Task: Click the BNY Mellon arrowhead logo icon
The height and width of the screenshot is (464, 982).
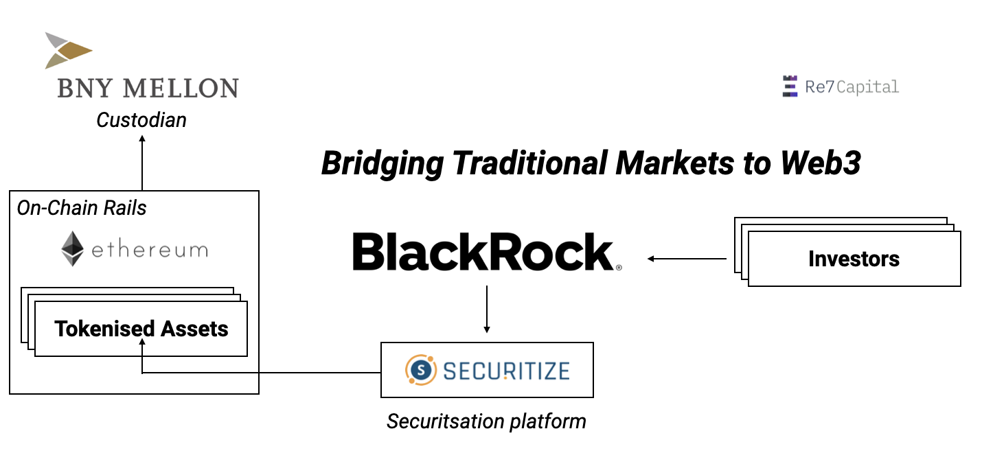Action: [x=68, y=50]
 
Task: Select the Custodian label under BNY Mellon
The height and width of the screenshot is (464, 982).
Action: [x=141, y=120]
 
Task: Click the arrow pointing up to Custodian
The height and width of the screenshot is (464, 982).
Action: [x=142, y=162]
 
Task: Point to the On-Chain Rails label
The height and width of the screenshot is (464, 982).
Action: [x=82, y=208]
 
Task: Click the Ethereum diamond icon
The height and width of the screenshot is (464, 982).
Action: [x=72, y=248]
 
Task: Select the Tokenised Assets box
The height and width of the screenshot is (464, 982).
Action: [x=141, y=329]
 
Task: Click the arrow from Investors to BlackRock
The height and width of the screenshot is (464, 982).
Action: [x=687, y=259]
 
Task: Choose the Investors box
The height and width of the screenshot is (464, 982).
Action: [x=854, y=259]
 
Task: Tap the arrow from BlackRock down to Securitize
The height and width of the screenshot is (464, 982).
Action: [x=487, y=309]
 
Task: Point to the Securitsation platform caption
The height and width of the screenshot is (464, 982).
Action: [x=486, y=421]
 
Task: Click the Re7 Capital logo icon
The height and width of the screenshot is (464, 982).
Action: [x=790, y=86]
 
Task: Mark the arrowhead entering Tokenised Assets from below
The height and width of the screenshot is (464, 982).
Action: [x=142, y=345]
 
